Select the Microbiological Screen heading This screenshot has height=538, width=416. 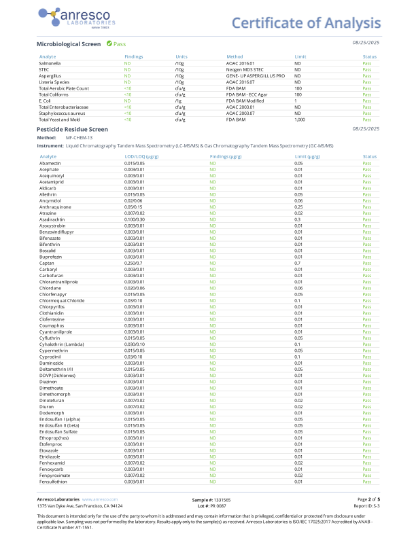pos(68,43)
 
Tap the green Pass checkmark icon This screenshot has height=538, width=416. pos(109,43)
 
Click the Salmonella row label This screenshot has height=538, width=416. pos(50,62)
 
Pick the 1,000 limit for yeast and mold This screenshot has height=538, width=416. pos(300,119)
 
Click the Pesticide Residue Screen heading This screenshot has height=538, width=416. pos(71,128)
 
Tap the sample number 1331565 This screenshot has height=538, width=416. pos(220,499)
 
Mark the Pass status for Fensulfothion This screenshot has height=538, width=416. pos(368,482)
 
